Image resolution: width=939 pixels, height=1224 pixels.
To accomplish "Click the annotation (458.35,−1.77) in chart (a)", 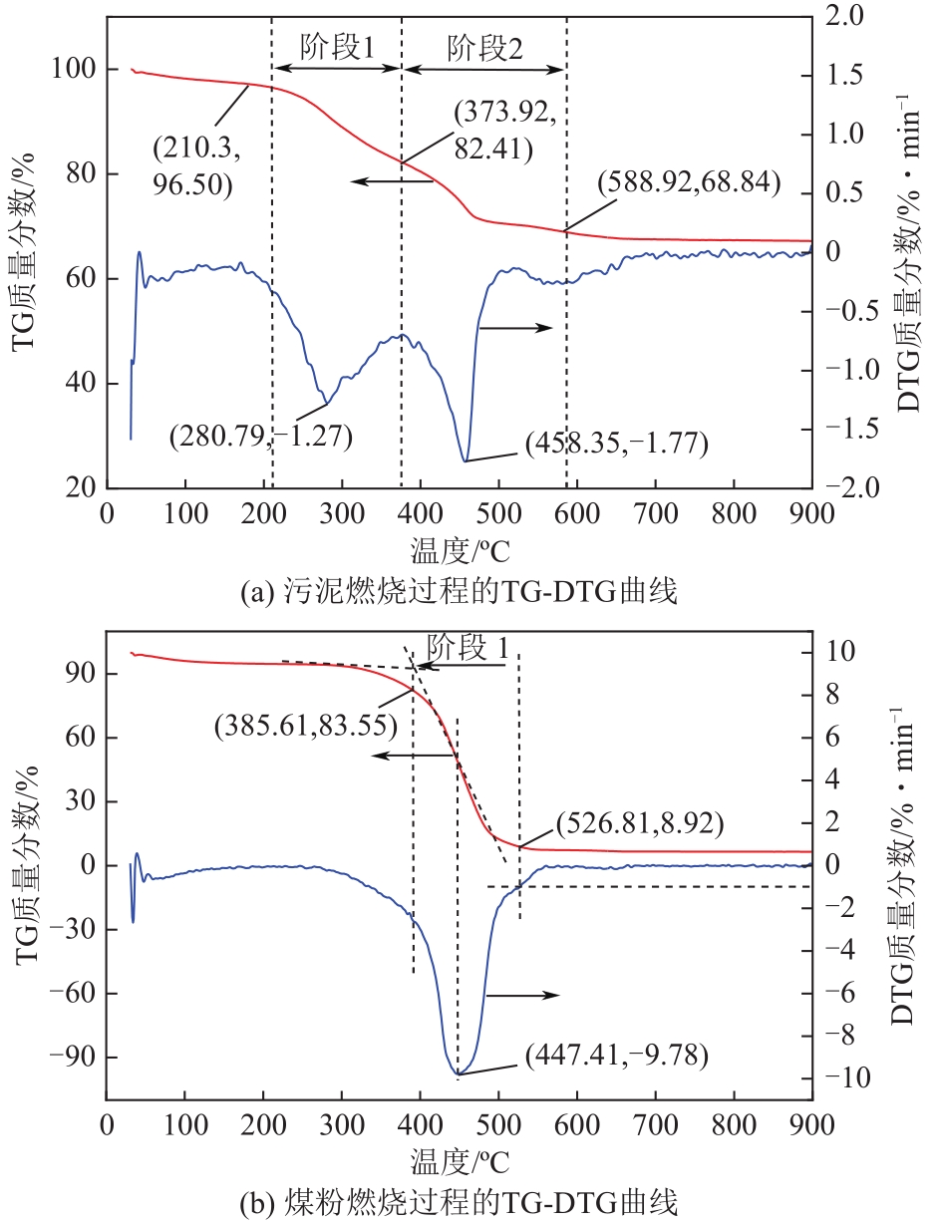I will [x=616, y=444].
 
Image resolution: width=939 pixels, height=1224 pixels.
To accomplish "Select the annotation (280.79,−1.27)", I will [x=260, y=436].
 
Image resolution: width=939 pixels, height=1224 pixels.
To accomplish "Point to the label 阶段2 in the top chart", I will [x=484, y=48].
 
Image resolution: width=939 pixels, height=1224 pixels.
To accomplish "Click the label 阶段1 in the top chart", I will [x=337, y=48].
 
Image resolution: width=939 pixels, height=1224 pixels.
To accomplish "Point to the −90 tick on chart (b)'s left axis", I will [x=77, y=1058].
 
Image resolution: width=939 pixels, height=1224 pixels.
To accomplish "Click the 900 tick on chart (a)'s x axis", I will [x=811, y=514].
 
